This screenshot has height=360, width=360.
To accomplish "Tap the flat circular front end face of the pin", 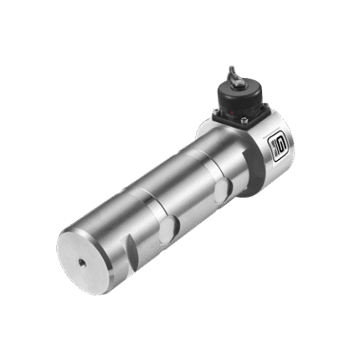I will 88,255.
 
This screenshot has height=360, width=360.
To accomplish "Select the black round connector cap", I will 239,94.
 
